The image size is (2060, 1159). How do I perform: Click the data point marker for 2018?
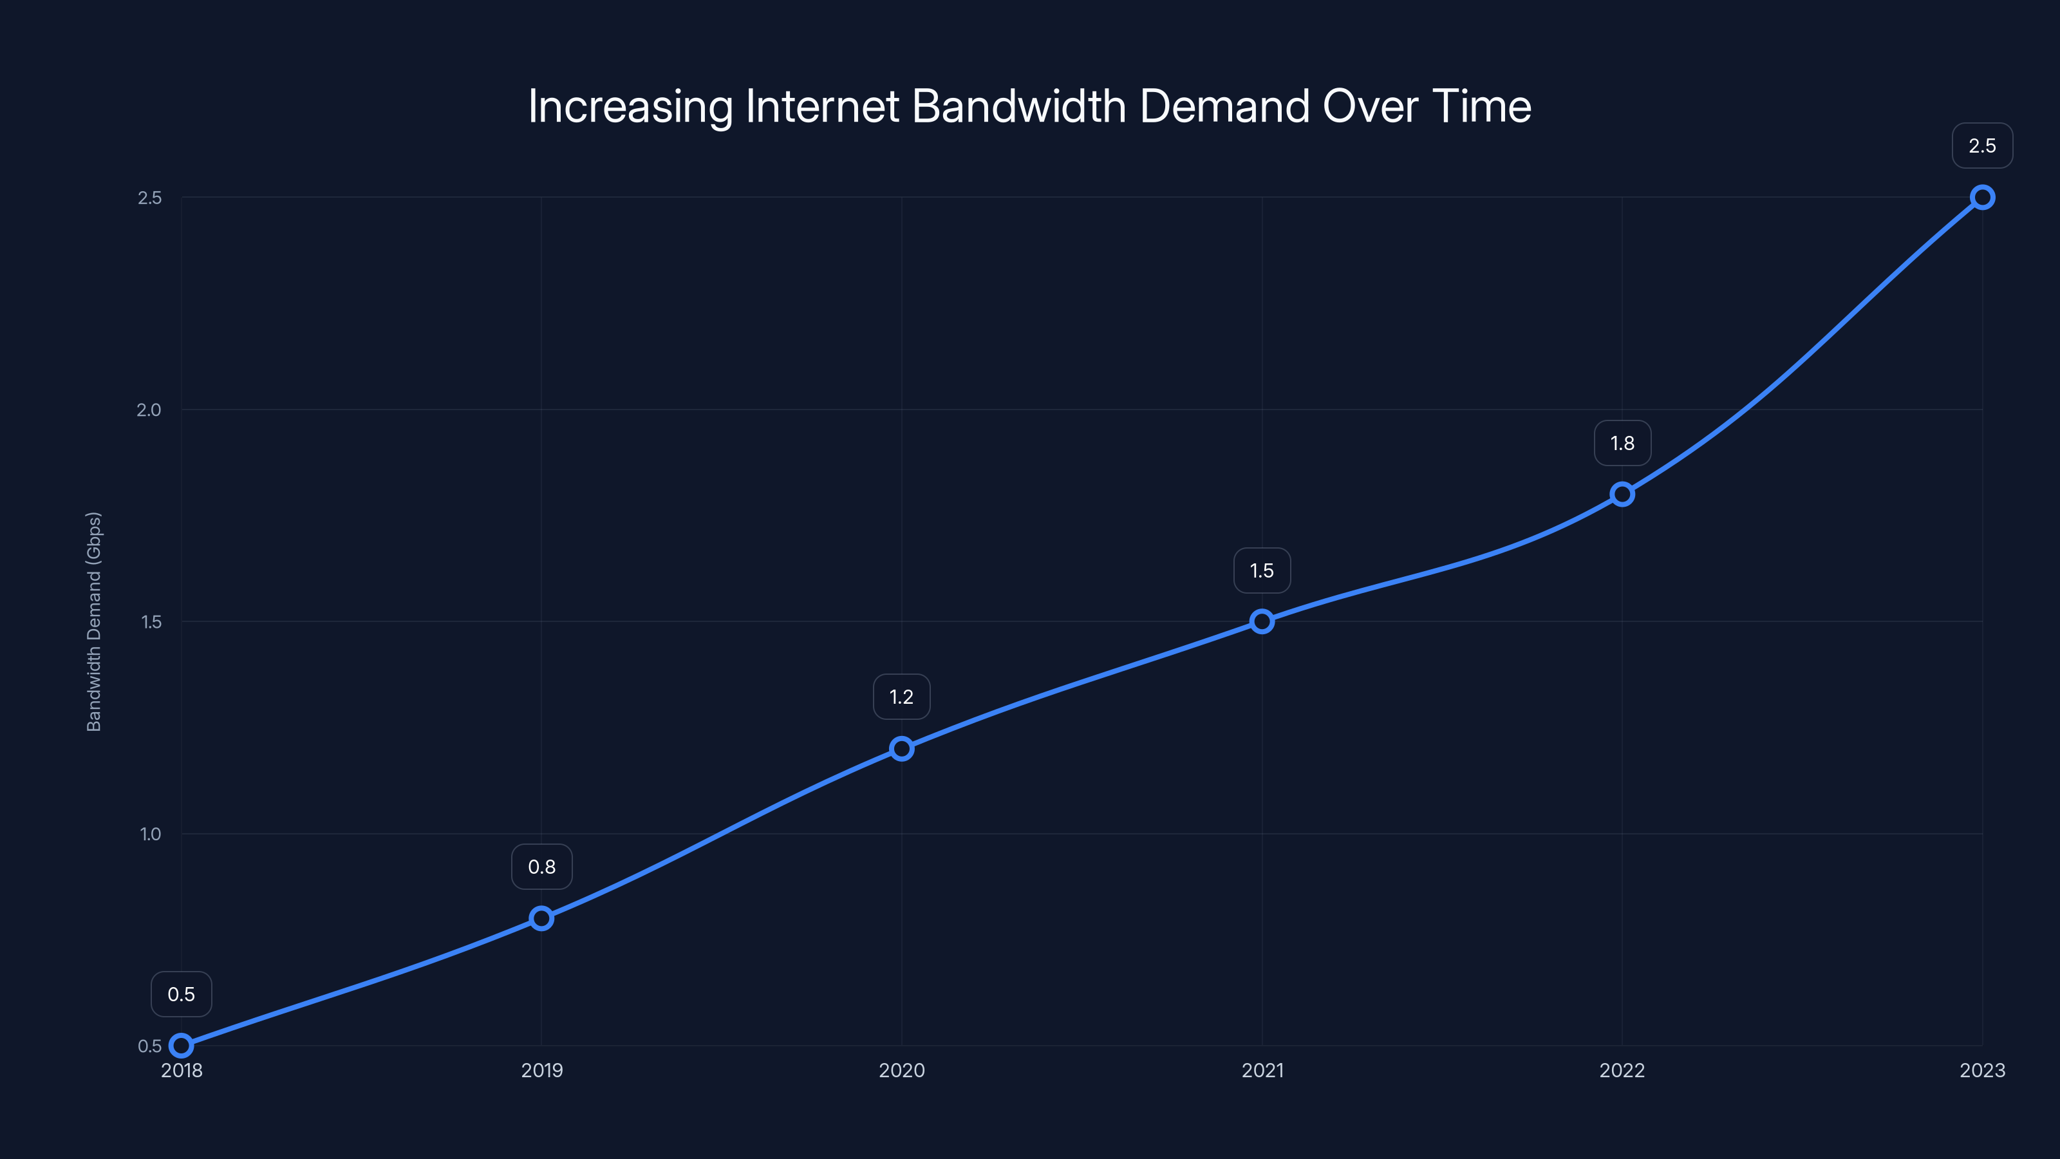182,1046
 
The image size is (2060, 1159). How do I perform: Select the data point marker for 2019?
541,918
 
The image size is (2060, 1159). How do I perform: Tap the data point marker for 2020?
901,749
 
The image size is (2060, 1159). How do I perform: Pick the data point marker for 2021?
1262,621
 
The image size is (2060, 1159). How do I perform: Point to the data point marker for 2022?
1622,495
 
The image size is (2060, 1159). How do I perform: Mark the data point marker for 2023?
1983,198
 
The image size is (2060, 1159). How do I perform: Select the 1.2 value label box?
901,697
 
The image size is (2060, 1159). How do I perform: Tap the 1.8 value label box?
1622,443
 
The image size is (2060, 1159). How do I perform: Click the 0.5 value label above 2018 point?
182,994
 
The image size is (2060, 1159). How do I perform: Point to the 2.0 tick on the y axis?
149,410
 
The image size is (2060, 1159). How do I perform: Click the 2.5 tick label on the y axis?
149,198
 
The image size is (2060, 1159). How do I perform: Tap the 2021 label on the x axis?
1262,1070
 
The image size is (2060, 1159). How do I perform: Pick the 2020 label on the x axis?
901,1070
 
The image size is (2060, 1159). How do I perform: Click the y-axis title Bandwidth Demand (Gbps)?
93,621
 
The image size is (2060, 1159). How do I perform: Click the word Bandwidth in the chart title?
1019,106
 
